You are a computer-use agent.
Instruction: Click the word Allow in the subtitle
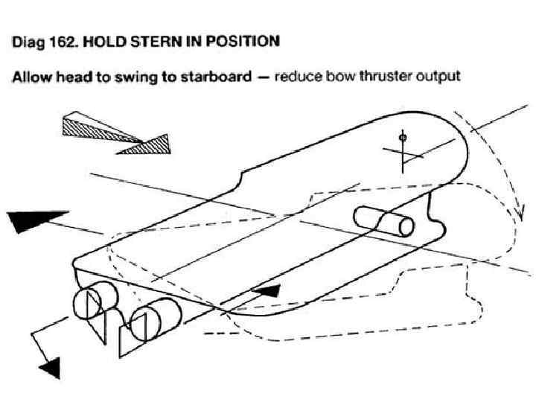(x=31, y=77)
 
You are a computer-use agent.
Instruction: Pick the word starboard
(x=217, y=77)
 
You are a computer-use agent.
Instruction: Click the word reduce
(x=296, y=77)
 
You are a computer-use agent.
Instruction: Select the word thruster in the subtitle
(x=391, y=77)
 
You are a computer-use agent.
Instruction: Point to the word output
(x=441, y=77)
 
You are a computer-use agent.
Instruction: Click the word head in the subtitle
(x=74, y=77)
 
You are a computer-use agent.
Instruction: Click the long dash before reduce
(x=263, y=77)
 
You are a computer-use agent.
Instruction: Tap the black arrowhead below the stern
(x=48, y=366)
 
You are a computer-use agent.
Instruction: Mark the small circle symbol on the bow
(x=402, y=138)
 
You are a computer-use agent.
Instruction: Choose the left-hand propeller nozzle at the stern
(x=91, y=304)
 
